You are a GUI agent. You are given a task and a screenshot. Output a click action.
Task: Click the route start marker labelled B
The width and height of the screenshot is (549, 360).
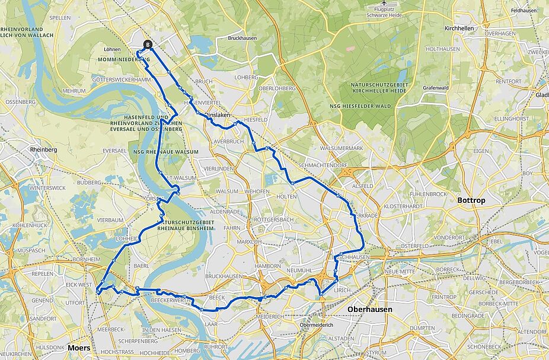[148, 44]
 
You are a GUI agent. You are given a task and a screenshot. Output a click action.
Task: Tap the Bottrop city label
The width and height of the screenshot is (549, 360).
[471, 200]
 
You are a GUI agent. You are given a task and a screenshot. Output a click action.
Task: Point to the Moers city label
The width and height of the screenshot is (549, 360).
[79, 347]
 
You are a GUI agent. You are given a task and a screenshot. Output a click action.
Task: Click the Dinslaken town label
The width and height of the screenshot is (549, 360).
[217, 117]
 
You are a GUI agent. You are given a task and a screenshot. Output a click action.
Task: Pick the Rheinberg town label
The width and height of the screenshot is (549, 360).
[43, 150]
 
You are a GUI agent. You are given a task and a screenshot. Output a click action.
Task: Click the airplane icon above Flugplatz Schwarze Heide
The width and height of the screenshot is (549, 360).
[384, 3]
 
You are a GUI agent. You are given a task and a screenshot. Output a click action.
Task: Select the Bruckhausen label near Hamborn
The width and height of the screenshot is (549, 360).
[224, 276]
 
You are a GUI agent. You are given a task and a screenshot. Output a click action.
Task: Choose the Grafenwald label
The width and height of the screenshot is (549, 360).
[437, 88]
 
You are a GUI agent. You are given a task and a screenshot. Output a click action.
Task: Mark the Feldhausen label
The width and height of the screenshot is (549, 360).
[523, 11]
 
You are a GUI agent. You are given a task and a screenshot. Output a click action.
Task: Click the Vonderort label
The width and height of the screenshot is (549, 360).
[448, 237]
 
